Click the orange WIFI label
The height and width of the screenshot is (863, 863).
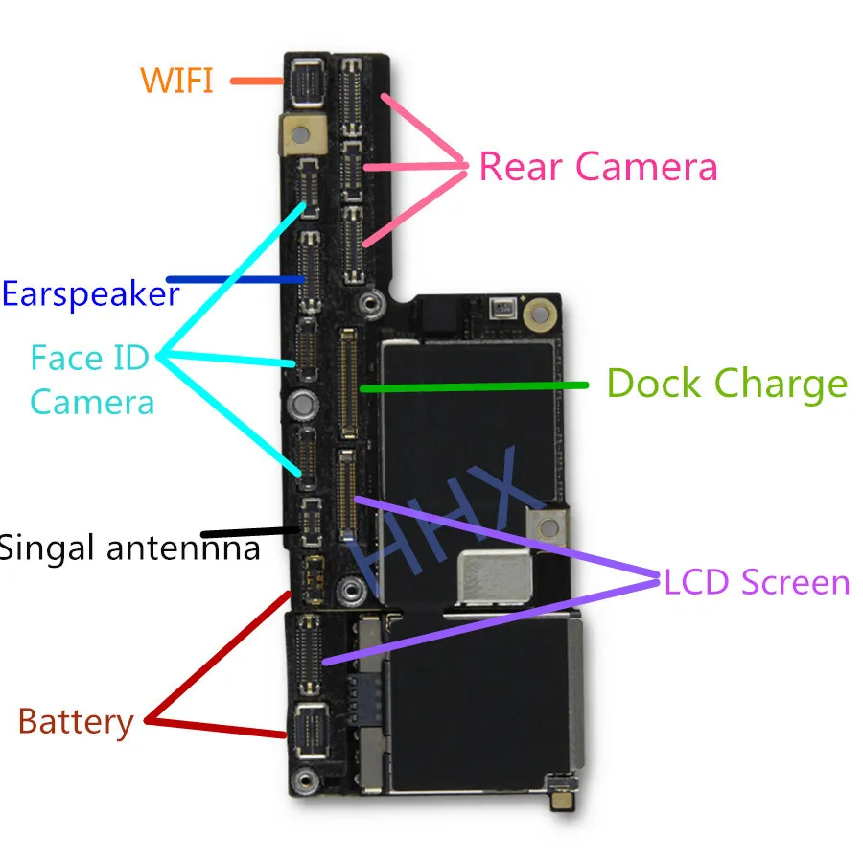tap(176, 81)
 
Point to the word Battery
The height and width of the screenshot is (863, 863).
tap(76, 722)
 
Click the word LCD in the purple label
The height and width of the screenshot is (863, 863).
tap(697, 582)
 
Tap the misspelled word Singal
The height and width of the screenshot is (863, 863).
tap(47, 549)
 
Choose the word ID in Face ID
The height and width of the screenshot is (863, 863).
tap(130, 358)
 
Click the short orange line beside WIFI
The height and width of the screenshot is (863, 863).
tap(256, 81)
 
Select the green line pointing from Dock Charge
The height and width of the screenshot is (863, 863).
tap(474, 387)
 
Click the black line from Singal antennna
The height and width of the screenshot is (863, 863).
tap(250, 532)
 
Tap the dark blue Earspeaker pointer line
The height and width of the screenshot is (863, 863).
tap(236, 280)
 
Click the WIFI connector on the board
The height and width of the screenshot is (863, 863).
tap(307, 83)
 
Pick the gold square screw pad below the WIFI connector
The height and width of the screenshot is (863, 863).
tap(300, 133)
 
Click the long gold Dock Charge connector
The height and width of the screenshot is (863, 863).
tap(347, 384)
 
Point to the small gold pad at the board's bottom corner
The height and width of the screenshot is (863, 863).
tap(563, 801)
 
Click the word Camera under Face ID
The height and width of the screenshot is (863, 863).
tap(92, 403)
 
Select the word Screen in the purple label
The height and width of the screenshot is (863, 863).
tap(795, 582)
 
